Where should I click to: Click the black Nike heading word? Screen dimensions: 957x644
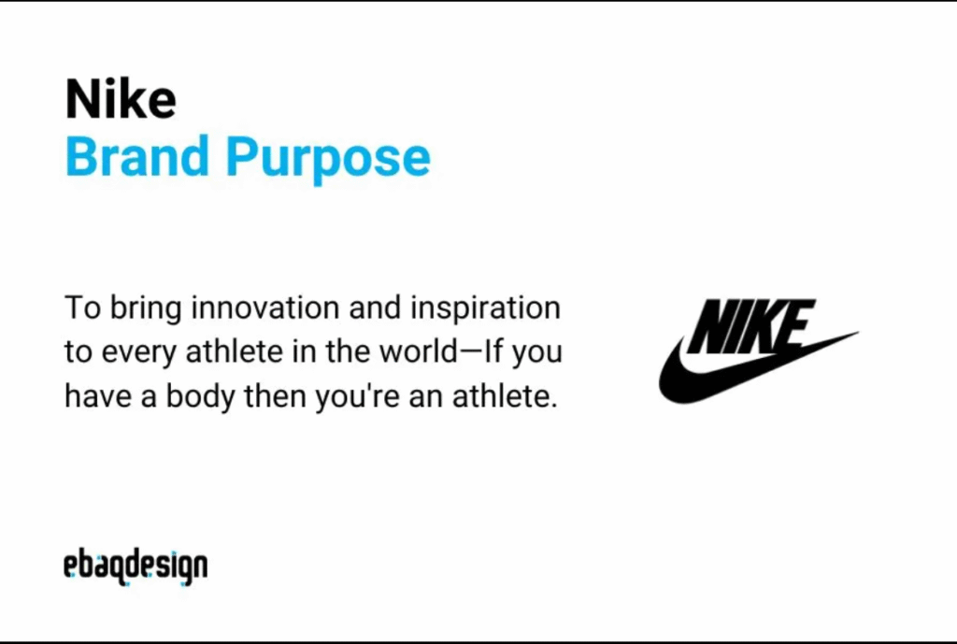[x=121, y=99]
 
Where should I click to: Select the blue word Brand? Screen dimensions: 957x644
[x=136, y=156]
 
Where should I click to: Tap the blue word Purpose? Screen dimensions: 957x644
[x=328, y=159]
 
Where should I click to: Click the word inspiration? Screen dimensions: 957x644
[x=485, y=308]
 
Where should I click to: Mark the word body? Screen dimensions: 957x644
[x=200, y=397]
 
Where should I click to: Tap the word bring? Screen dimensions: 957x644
[x=146, y=308]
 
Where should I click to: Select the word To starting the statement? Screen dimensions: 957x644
[x=82, y=308]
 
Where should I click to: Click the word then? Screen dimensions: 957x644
[x=275, y=396]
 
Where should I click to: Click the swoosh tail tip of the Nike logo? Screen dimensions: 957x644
[x=858, y=333]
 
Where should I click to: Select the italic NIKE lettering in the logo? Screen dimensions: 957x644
[x=752, y=326]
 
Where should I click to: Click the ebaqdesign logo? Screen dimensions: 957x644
[x=136, y=566]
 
